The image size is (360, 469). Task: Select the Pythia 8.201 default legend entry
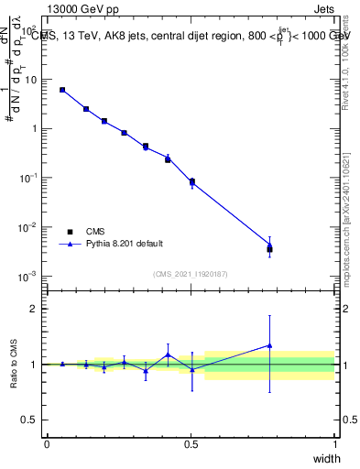point(125,244)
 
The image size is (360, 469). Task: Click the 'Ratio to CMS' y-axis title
point(13,364)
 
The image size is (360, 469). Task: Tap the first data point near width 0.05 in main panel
point(62,90)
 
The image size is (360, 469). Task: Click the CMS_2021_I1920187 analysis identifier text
point(191,274)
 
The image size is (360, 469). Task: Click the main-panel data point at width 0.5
point(191,181)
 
